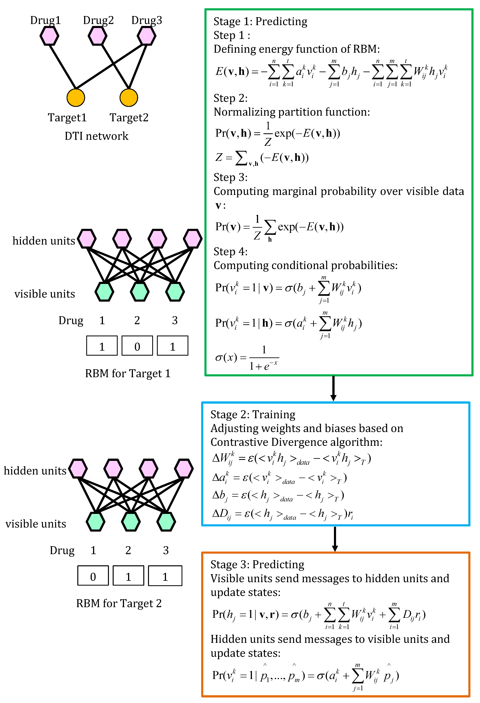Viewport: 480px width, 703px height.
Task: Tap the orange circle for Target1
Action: tap(76, 98)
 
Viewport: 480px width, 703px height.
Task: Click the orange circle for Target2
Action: tap(129, 98)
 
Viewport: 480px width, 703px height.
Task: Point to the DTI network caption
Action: tap(96, 136)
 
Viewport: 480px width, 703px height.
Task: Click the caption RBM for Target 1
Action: tap(128, 374)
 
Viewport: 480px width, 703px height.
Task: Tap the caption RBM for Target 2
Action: tap(119, 603)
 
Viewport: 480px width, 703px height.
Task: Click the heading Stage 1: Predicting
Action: tap(260, 21)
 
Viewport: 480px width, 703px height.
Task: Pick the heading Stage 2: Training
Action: tap(253, 414)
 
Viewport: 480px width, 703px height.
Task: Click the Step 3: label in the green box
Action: tap(231, 177)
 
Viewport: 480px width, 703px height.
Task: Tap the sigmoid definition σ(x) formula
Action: tap(247, 358)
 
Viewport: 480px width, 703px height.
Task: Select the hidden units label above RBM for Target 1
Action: tap(44, 241)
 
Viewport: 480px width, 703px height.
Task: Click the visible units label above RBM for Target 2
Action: tap(36, 524)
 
